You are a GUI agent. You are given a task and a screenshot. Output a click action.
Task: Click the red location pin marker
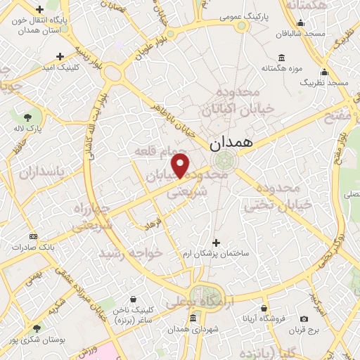click(181, 166)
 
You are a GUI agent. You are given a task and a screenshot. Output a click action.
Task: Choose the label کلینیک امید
click(60, 67)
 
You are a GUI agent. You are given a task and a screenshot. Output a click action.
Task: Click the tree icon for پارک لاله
click(28, 117)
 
